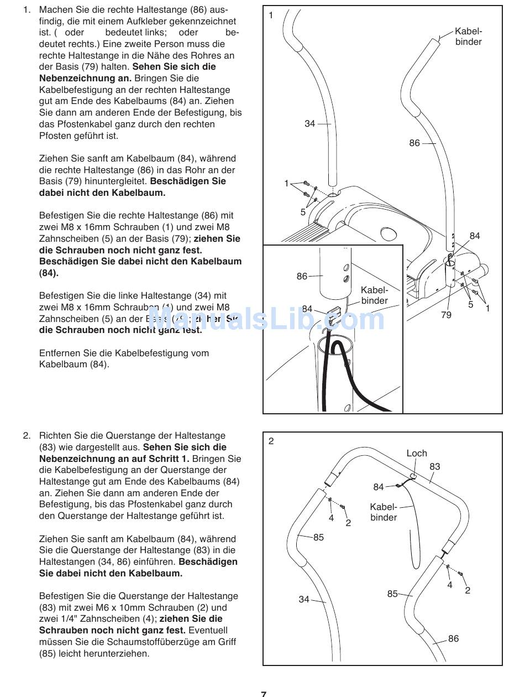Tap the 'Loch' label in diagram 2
click(417, 453)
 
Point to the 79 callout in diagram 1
click(446, 315)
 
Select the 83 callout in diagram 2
click(435, 466)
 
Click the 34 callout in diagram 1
click(309, 124)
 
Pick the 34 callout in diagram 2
click(304, 599)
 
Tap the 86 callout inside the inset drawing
click(302, 276)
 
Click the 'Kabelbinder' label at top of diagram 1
click(469, 37)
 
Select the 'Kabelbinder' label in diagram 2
click(384, 512)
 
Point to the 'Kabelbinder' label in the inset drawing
click(375, 295)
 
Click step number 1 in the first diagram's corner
click(271, 15)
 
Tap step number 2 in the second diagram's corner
click(271, 441)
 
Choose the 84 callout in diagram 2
click(378, 487)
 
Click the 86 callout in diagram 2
click(453, 638)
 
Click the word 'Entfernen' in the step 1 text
click(58, 353)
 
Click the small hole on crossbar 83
click(413, 474)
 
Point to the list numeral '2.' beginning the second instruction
click(27, 435)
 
